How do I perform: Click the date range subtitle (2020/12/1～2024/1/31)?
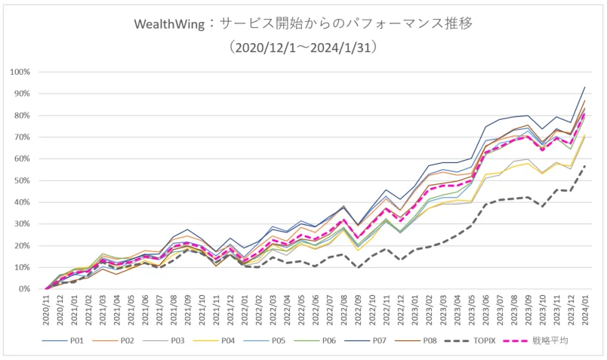point(303,48)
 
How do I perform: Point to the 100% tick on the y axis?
point(20,72)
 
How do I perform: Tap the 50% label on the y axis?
point(22,180)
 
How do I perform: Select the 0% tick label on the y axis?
point(24,289)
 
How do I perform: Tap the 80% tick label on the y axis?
point(22,115)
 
